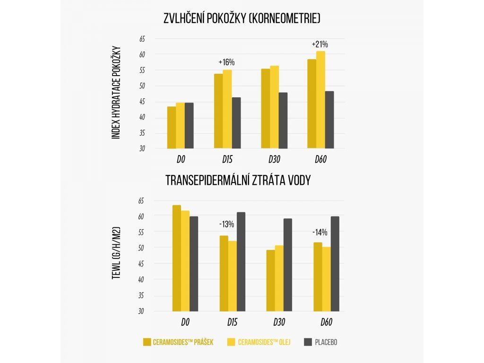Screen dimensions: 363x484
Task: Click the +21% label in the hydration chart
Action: (320, 44)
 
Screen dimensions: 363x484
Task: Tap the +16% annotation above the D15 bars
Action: (226, 62)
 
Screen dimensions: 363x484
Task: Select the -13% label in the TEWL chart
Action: (226, 224)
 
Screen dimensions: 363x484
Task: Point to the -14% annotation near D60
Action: (320, 232)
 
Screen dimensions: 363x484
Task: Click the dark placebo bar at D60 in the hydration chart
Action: (329, 120)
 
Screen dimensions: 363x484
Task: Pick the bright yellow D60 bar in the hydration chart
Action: (320, 100)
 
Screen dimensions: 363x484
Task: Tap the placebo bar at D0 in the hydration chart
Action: (189, 126)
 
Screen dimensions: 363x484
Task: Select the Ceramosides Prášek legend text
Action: (183, 342)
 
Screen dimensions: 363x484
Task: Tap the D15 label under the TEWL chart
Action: (232, 323)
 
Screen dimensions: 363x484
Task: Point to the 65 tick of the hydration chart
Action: (142, 39)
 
